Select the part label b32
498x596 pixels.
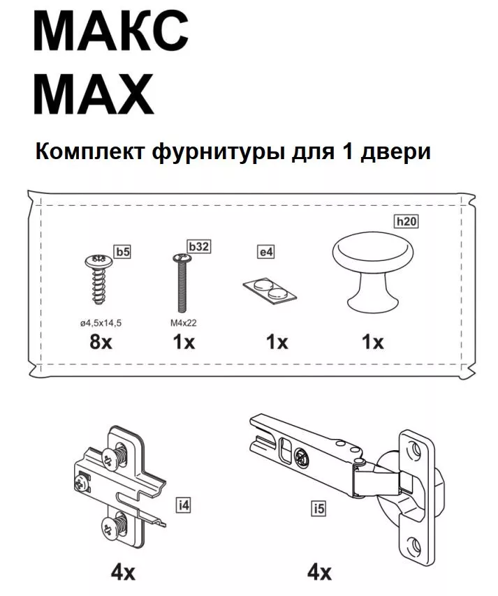[199, 246]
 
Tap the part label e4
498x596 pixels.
[265, 252]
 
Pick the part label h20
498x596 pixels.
[406, 222]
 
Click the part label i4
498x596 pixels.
[183, 504]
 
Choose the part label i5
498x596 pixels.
[318, 509]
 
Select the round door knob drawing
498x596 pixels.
[372, 269]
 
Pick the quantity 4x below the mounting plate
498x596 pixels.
[123, 573]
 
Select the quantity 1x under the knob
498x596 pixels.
[372, 343]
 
